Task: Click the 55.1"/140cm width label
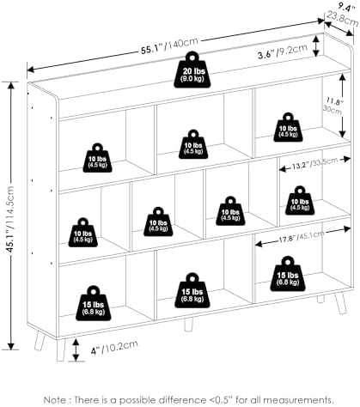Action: coord(169,46)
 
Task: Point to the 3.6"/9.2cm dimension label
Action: coord(283,52)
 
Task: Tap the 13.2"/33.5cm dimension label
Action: coord(314,163)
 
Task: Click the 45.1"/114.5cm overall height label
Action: coord(10,219)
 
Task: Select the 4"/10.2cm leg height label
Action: coord(114,348)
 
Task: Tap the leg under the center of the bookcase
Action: coord(188,325)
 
